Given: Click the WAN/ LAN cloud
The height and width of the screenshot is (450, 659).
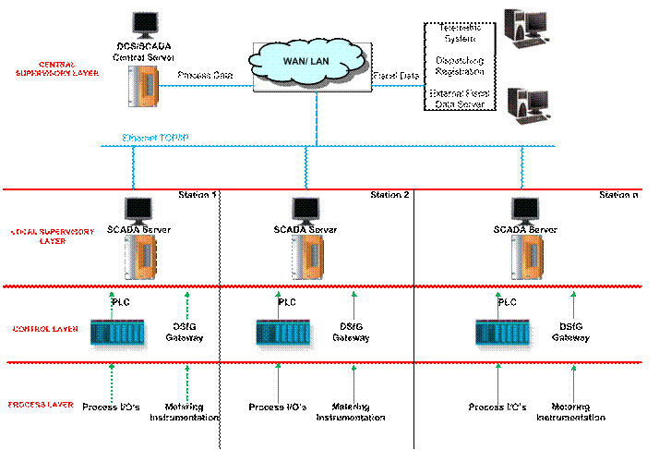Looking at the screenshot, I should (312, 66).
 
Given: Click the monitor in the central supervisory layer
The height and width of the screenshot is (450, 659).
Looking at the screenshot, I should (145, 25).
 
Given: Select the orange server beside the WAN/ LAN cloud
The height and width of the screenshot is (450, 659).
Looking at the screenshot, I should (144, 84).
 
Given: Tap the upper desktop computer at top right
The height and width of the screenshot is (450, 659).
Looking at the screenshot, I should (524, 28).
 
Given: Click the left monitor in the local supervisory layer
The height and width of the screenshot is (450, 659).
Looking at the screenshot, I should (138, 210).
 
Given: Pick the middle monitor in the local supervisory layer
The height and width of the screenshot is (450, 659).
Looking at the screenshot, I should (305, 210).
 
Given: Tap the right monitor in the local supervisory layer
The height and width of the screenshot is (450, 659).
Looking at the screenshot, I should (524, 210).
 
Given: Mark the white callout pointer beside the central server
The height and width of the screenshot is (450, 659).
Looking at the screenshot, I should (166, 67).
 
